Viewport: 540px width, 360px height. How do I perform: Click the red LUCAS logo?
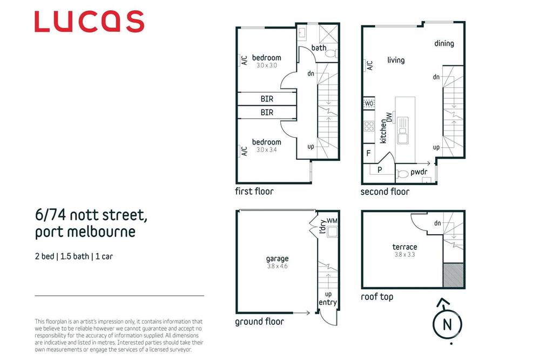click(89, 22)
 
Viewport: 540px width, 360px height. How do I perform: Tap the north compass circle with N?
click(447, 324)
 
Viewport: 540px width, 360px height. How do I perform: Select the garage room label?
click(277, 259)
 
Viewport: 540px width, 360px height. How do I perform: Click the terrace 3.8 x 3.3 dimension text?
click(404, 255)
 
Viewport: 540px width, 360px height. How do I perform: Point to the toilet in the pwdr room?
click(402, 174)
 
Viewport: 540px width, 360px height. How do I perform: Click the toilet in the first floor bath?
click(331, 53)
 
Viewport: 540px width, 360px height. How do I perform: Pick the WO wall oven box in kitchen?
click(369, 103)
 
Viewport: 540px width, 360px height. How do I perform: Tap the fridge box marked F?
click(369, 153)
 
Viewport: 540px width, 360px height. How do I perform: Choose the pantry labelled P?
click(380, 169)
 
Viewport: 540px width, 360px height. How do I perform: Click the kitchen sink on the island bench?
click(403, 131)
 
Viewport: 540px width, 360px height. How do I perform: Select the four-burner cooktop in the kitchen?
click(369, 126)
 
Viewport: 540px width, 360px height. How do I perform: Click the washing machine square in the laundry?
click(332, 232)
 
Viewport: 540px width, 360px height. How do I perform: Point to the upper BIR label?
click(267, 99)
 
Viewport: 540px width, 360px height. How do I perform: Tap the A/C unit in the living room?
click(365, 65)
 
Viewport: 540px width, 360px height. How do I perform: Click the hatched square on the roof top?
click(453, 275)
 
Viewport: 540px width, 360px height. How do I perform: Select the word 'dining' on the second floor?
click(444, 43)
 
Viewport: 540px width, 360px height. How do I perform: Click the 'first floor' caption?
click(254, 192)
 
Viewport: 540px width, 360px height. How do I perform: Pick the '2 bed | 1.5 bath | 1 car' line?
click(74, 256)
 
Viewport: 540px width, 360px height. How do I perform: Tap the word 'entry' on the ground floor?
click(328, 303)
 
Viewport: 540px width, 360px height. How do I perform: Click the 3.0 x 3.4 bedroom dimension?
click(267, 150)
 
